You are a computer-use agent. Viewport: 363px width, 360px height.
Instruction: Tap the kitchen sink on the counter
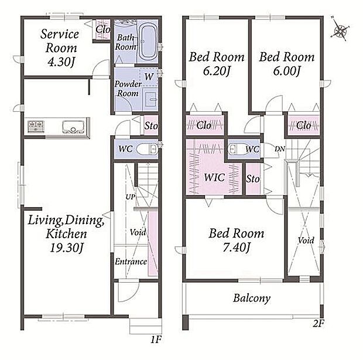(73, 126)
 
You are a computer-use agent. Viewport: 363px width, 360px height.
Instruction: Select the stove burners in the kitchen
(36, 126)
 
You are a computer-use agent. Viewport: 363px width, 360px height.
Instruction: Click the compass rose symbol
(340, 30)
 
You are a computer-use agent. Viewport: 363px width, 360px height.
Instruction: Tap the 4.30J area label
(61, 62)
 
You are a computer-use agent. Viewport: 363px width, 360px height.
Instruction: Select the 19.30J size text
(66, 248)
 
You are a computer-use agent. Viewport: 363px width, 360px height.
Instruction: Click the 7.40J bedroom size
(236, 248)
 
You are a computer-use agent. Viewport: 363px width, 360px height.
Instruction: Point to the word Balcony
(252, 298)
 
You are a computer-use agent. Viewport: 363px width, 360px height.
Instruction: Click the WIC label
(214, 177)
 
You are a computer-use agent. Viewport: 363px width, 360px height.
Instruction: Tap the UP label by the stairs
(130, 197)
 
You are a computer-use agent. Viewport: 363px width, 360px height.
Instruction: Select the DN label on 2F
(280, 149)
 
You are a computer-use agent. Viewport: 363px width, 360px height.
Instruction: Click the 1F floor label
(156, 340)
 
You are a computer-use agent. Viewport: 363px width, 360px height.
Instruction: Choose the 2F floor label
(319, 324)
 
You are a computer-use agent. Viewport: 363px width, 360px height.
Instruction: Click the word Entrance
(131, 262)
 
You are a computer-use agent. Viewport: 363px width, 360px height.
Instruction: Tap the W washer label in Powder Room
(149, 77)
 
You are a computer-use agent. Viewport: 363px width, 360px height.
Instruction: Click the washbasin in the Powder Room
(150, 100)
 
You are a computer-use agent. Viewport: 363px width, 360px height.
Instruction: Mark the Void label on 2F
(306, 241)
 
